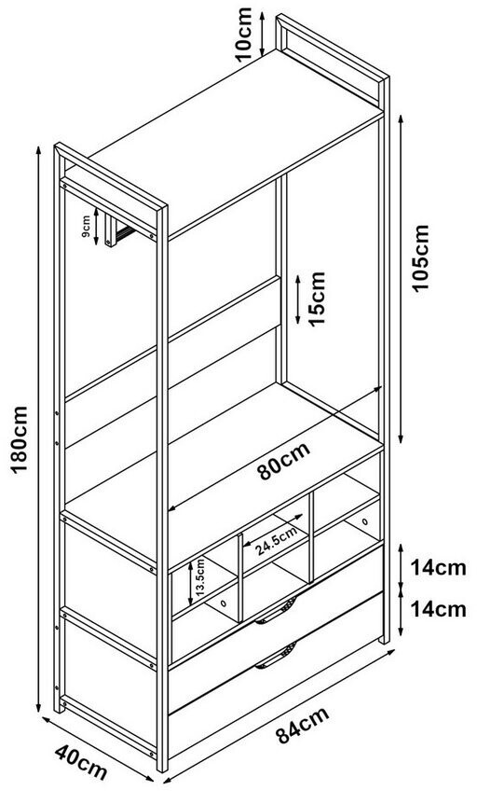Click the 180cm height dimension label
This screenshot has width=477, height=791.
point(20,438)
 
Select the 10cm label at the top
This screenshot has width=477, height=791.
point(243,34)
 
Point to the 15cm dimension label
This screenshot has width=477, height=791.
point(317,298)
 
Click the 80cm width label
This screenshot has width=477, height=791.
point(283,461)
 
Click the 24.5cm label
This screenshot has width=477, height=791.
point(274,541)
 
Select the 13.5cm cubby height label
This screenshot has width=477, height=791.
point(199,582)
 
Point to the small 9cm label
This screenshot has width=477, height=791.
point(86,227)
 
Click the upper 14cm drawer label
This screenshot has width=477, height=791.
point(438,568)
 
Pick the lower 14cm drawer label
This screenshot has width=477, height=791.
point(438,609)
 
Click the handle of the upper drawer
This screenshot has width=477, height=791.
point(276,611)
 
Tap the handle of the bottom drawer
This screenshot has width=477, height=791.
point(276,656)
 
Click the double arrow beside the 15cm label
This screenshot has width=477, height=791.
point(298,299)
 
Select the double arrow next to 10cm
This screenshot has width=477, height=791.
point(263,34)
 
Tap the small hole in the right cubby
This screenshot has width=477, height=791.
point(364,521)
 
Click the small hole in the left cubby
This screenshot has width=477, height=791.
point(222,604)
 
